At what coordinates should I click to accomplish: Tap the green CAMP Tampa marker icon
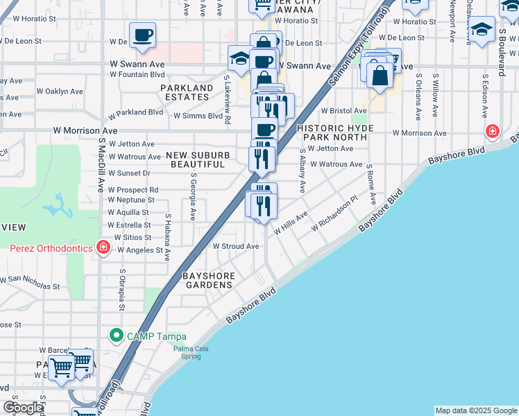[x=117, y=336]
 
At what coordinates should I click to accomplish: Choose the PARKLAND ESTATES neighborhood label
[x=187, y=92]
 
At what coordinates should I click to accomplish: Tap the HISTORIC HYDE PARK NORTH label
[x=335, y=133]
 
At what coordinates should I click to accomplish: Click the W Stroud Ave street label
[x=235, y=246]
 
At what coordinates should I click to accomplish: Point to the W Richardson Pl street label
[x=334, y=213]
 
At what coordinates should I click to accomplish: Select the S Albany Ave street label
[x=302, y=171]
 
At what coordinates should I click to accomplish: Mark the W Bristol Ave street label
[x=343, y=111]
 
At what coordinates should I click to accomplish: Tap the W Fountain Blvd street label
[x=137, y=74]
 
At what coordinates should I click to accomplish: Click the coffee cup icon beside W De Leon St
[x=142, y=35]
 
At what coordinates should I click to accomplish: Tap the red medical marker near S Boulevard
[x=493, y=130]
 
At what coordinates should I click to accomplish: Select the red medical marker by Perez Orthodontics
[x=103, y=247]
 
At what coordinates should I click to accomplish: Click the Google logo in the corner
[x=23, y=408]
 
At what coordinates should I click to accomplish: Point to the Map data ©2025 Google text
[x=475, y=410]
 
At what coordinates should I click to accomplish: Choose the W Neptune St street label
[x=131, y=200]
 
